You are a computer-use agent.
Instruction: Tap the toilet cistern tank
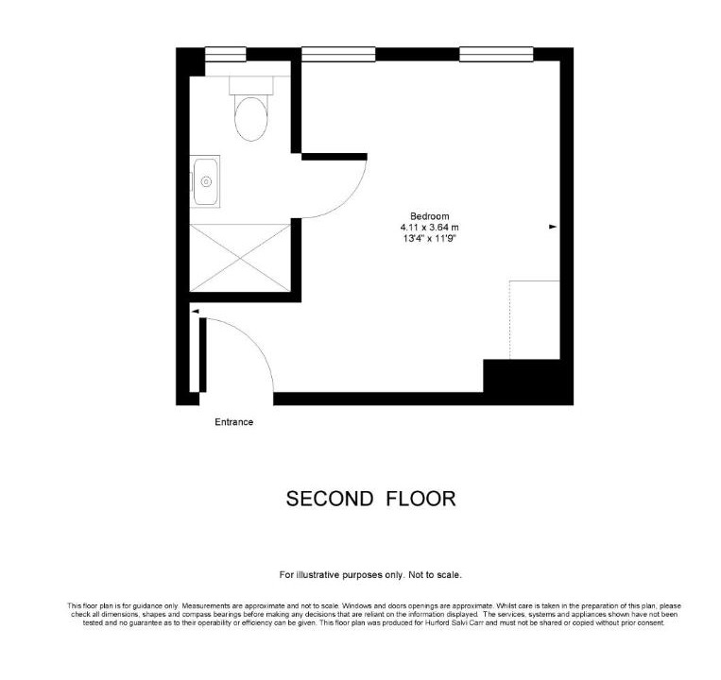click(x=251, y=85)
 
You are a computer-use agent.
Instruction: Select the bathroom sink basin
click(x=205, y=181)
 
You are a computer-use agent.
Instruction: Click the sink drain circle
click(x=206, y=182)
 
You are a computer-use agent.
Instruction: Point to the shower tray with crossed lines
click(x=240, y=258)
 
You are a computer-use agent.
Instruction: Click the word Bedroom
click(x=429, y=216)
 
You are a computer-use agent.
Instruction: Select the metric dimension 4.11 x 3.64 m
click(x=429, y=228)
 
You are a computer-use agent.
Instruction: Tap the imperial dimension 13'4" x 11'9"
click(x=429, y=238)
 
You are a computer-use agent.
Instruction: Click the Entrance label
click(x=234, y=422)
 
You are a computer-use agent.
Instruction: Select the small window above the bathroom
click(x=225, y=54)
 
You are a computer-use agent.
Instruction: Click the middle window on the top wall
click(x=338, y=54)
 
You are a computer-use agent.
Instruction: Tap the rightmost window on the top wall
click(x=496, y=54)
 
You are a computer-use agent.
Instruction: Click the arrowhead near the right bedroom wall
click(x=553, y=227)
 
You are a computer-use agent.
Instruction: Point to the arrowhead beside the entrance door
click(x=195, y=312)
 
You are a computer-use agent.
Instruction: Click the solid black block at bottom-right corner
click(x=528, y=382)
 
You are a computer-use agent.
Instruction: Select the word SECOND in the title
click(x=330, y=499)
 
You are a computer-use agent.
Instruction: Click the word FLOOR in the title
click(x=421, y=499)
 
